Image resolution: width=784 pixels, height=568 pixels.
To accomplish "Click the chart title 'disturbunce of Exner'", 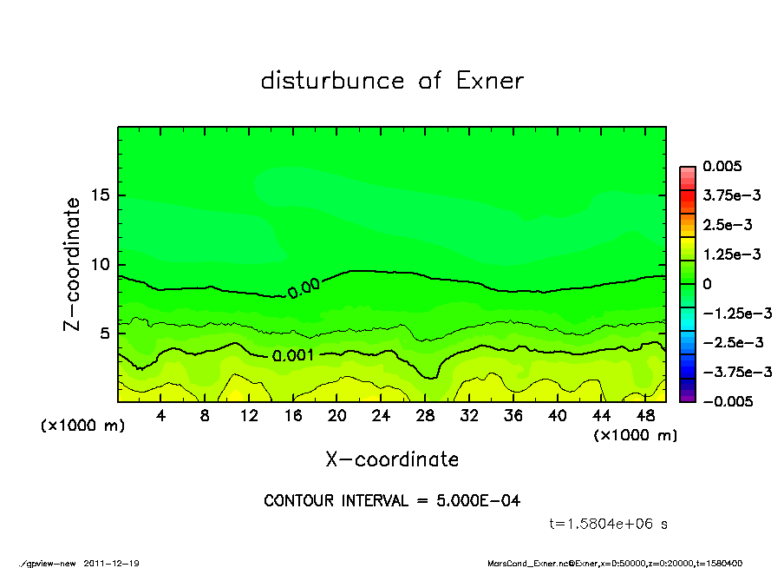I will (392, 82).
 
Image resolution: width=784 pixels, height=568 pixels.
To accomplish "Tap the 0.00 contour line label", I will (304, 287).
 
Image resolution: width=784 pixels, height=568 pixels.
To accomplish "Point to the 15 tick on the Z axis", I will (101, 195).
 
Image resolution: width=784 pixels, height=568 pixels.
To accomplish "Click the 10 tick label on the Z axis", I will (101, 264).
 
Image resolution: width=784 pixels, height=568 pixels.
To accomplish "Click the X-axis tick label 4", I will (161, 416).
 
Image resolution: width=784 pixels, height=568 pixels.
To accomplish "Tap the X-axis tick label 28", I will (425, 416).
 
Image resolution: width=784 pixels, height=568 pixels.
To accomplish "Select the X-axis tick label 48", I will (644, 416).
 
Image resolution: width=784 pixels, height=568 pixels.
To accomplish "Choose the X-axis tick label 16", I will (293, 416).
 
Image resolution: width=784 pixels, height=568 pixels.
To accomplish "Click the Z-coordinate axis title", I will (73, 263).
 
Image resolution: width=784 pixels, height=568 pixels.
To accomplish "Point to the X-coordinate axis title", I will (392, 459).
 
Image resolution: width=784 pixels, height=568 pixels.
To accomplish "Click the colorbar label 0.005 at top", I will (722, 166).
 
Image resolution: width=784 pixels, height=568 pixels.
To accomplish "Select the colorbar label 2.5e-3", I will (728, 225).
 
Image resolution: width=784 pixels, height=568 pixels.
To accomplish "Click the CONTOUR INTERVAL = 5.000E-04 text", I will (392, 500).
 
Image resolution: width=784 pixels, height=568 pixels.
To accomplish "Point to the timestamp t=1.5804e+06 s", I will (609, 524).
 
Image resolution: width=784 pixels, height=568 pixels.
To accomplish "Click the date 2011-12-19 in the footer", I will (112, 563).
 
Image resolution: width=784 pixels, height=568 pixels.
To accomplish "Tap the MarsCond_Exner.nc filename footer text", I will (531, 563).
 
